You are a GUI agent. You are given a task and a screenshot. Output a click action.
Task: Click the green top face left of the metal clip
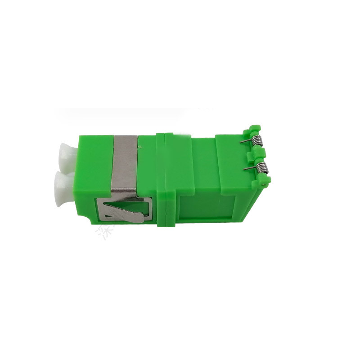(97, 157)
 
